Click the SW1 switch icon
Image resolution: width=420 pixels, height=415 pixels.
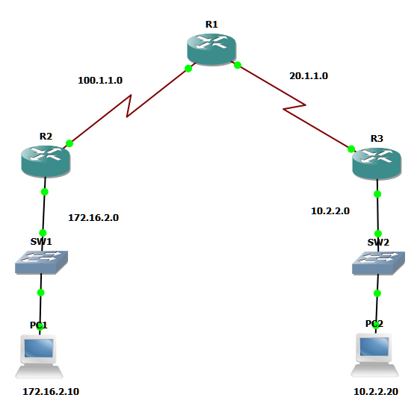point(42,262)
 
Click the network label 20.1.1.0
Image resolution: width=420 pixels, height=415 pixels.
point(309,75)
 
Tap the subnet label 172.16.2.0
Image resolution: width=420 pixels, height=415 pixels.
point(93,218)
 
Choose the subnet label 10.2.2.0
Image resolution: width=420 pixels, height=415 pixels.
point(330,211)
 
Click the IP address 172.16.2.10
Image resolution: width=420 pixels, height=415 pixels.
point(50,391)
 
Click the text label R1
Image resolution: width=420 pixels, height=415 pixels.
point(211,25)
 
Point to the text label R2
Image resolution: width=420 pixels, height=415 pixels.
point(46,137)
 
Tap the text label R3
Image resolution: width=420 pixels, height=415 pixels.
point(377,138)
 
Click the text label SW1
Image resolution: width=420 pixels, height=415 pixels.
point(41,242)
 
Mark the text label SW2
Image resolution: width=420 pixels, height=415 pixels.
point(378,243)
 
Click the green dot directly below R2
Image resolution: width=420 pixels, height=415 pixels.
point(44,192)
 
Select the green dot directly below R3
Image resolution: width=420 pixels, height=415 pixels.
point(377,193)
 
